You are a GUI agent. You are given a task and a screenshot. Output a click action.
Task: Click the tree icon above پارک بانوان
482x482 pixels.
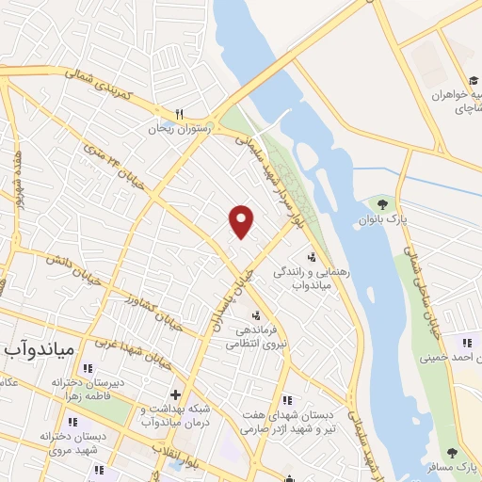point(382,202)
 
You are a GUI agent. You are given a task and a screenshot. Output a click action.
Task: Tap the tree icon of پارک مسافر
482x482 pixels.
point(454,453)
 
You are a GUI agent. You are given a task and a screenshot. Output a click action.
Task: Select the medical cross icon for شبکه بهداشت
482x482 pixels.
point(174,394)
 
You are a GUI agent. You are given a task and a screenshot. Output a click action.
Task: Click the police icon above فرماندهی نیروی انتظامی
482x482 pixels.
point(256,315)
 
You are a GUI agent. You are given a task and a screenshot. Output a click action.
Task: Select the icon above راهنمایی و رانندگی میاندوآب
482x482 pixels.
point(312,256)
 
